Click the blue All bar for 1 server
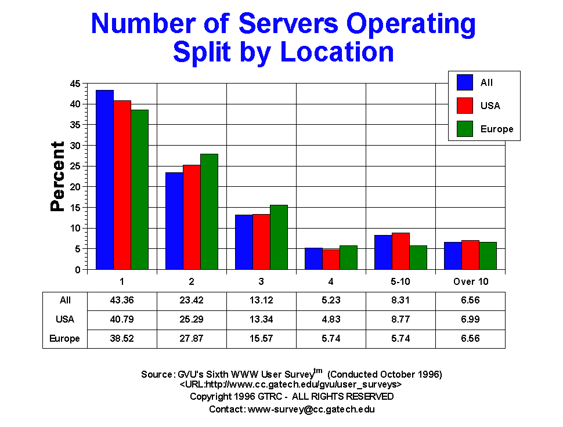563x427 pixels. tap(104, 180)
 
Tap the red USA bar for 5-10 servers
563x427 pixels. tap(400, 251)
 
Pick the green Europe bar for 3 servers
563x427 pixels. tap(279, 237)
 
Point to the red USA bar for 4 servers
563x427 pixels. tap(331, 259)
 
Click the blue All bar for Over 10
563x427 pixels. tap(453, 256)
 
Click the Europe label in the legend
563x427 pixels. tap(497, 129)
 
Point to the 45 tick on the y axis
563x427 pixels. tap(75, 84)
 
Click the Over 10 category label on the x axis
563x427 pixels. tap(470, 281)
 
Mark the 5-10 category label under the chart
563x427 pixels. tap(400, 281)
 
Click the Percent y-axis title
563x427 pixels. tap(57, 176)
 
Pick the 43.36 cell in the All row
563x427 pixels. tap(122, 300)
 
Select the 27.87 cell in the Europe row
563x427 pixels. tap(192, 338)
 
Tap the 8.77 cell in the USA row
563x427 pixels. tap(400, 319)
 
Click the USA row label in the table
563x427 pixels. tap(65, 319)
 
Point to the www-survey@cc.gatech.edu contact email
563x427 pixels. tap(311, 409)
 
